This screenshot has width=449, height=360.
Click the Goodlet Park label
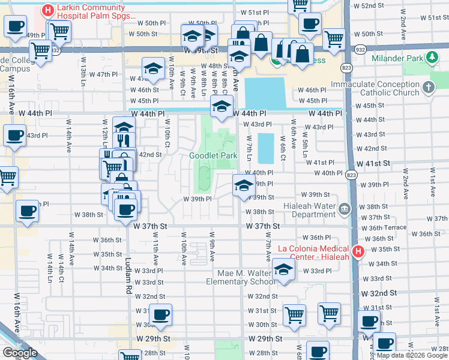[213, 155]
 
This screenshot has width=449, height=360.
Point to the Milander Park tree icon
[430, 58]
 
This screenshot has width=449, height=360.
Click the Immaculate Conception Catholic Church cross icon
[427, 88]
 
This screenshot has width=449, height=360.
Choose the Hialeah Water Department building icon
[345, 209]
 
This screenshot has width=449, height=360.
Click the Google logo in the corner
[20, 353]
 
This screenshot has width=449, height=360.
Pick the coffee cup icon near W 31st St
[160, 314]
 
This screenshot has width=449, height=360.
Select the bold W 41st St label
[373, 163]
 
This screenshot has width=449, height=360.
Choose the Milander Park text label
[397, 58]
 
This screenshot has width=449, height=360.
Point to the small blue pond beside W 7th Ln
[265, 148]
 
